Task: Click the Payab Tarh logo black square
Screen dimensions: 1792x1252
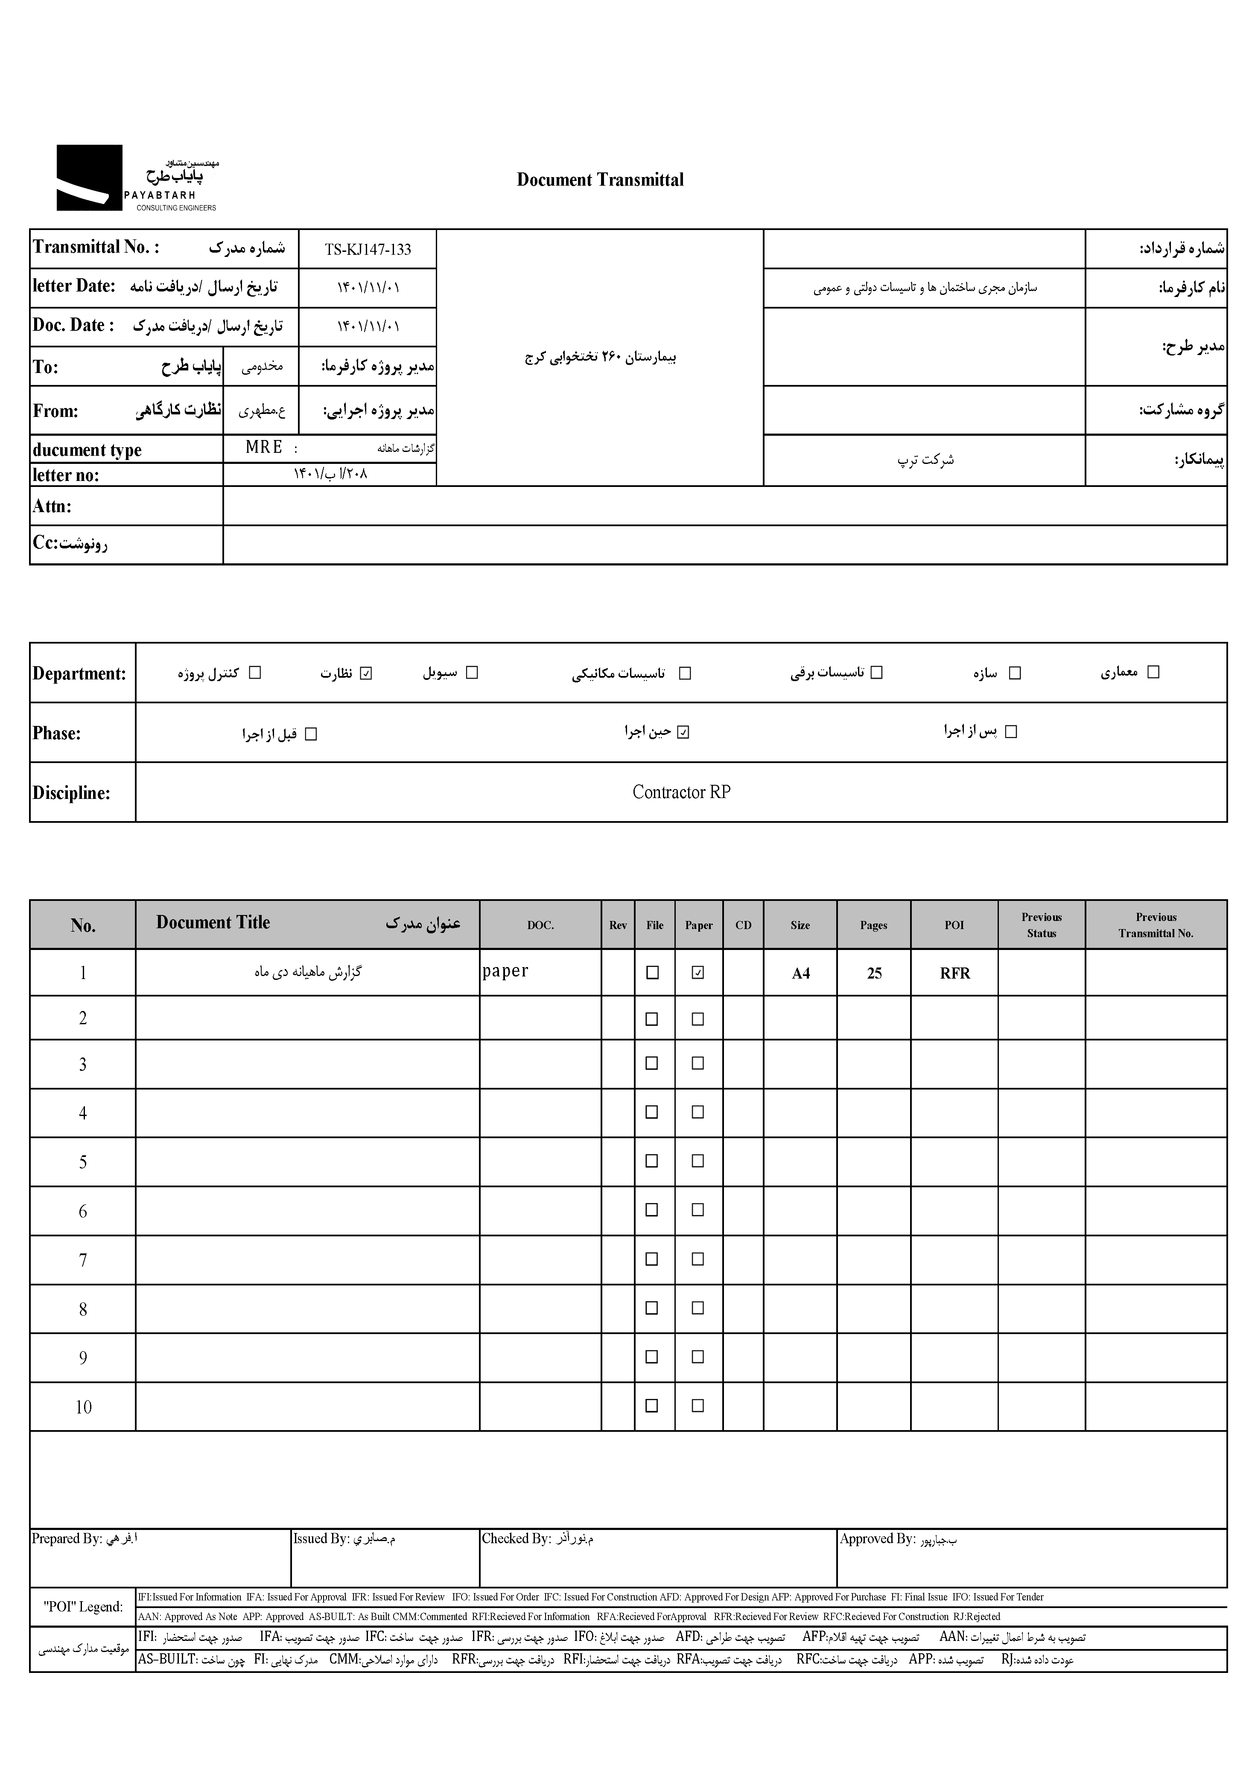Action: [89, 178]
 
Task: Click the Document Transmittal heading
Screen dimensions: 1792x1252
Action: [599, 180]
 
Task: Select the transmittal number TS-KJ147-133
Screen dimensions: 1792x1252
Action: [368, 250]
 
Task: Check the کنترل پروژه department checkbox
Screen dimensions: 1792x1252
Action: [254, 673]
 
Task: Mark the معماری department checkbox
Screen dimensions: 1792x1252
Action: [1153, 672]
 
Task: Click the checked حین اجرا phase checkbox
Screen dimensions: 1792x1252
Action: [683, 732]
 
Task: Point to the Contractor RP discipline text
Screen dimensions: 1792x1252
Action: [680, 792]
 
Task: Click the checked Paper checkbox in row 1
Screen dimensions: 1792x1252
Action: [698, 973]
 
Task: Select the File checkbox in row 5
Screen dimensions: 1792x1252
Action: [652, 1161]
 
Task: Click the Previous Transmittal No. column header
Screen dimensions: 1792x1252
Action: [1155, 925]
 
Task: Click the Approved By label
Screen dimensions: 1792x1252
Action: [876, 1538]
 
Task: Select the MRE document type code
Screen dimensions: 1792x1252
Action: [264, 447]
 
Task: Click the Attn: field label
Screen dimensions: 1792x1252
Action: [53, 507]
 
